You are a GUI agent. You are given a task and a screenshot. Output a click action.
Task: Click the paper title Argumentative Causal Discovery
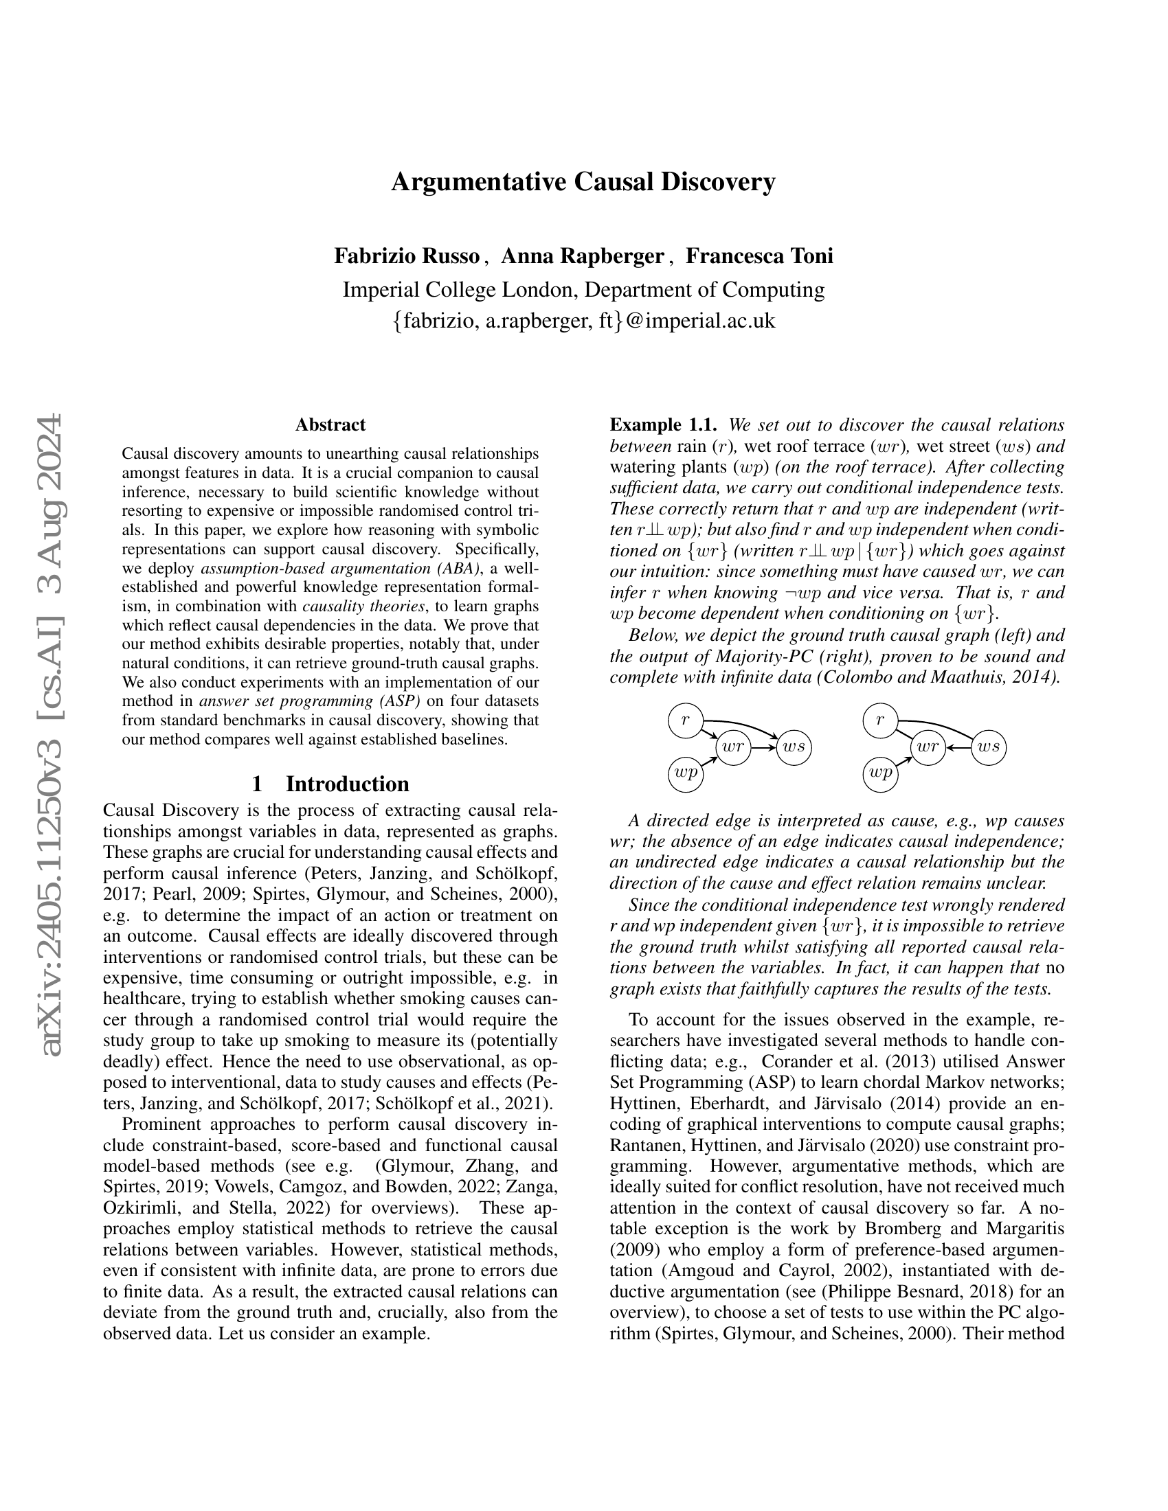[583, 182]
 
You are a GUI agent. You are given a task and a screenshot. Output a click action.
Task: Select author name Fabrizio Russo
[407, 256]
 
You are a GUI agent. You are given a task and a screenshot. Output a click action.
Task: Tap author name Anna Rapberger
[582, 256]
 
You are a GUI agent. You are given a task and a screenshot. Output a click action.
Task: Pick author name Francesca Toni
[759, 256]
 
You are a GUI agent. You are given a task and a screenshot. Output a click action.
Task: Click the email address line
[583, 321]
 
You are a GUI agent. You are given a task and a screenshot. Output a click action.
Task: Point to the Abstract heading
[330, 424]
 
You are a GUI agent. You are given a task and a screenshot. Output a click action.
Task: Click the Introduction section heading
[330, 784]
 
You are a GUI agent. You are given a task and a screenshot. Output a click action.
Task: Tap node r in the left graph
[685, 720]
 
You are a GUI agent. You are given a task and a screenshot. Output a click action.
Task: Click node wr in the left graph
[734, 747]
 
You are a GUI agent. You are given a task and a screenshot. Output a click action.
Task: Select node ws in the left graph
[794, 747]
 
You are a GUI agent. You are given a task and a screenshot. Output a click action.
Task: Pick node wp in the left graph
[685, 773]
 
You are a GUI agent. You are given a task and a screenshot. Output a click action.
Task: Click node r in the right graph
[880, 720]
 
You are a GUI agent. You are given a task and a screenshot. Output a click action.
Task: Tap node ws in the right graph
[989, 747]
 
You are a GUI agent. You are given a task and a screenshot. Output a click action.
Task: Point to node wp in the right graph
[880, 773]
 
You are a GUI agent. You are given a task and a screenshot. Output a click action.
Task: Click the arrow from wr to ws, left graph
[763, 747]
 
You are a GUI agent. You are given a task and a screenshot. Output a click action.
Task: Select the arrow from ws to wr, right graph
[958, 747]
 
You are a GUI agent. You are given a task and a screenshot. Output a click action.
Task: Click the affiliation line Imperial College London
[583, 289]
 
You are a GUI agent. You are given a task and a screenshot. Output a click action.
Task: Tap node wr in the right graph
[928, 747]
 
